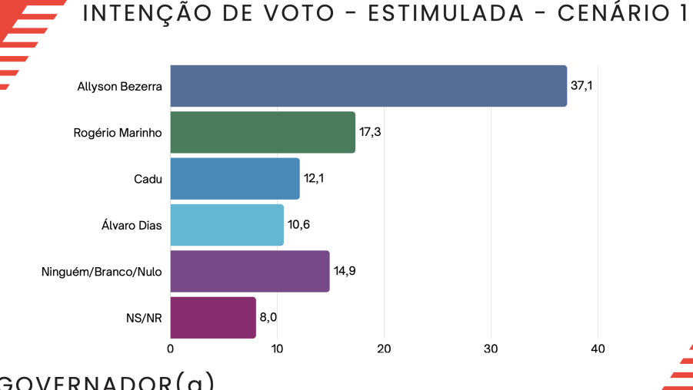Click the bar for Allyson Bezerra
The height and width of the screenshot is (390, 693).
tap(368, 86)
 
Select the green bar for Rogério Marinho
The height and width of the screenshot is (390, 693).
tap(262, 132)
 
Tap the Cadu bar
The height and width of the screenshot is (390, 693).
tap(235, 178)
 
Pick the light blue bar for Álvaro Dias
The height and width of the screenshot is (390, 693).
tap(227, 225)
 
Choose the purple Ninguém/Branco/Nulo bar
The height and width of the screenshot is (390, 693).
tap(249, 271)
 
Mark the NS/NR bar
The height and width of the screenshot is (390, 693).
tap(212, 317)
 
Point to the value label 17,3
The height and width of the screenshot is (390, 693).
tap(370, 132)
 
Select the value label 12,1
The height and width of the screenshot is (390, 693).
tap(314, 178)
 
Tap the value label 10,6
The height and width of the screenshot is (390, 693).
tap(298, 225)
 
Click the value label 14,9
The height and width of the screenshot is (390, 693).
tap(344, 271)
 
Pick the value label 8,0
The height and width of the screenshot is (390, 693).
tap(268, 317)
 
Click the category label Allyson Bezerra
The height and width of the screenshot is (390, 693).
tap(119, 86)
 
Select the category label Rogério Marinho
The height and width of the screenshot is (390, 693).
tap(118, 132)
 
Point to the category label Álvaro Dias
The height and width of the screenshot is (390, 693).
tap(132, 225)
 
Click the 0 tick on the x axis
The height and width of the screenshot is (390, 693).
tap(170, 349)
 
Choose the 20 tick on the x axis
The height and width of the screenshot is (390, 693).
tap(384, 349)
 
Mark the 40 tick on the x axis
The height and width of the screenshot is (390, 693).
tap(598, 349)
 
